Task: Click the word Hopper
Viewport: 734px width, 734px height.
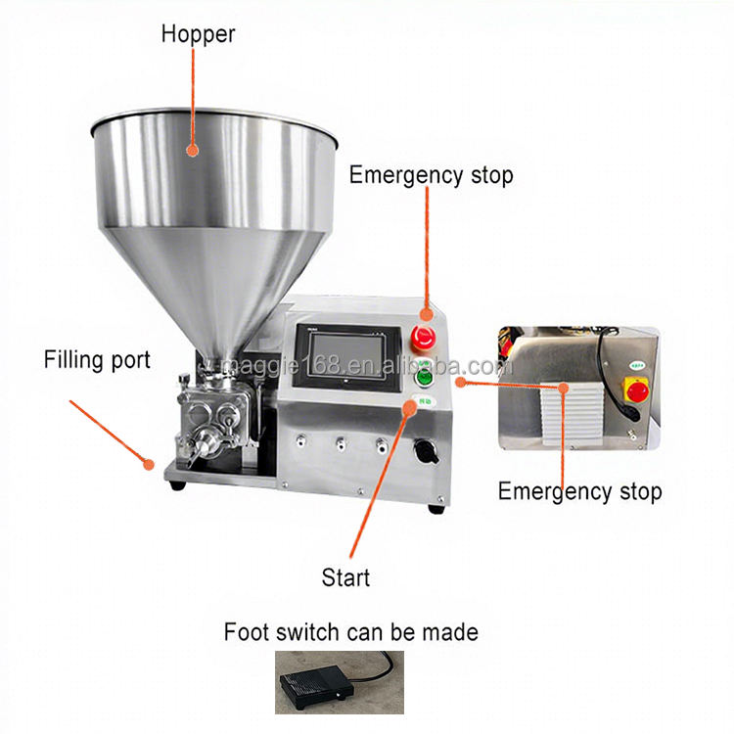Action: pyautogui.click(x=198, y=34)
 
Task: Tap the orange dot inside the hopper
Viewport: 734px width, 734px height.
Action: pyautogui.click(x=193, y=151)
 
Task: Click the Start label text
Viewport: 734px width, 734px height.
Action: pyautogui.click(x=346, y=577)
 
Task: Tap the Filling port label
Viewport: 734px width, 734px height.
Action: pyautogui.click(x=97, y=360)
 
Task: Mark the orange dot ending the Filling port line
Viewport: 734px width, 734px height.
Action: pyautogui.click(x=148, y=464)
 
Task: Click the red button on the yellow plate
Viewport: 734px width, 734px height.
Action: pyautogui.click(x=637, y=391)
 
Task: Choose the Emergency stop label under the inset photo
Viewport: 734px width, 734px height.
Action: pyautogui.click(x=579, y=490)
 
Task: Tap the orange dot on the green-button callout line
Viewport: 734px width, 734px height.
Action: pyautogui.click(x=459, y=381)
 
